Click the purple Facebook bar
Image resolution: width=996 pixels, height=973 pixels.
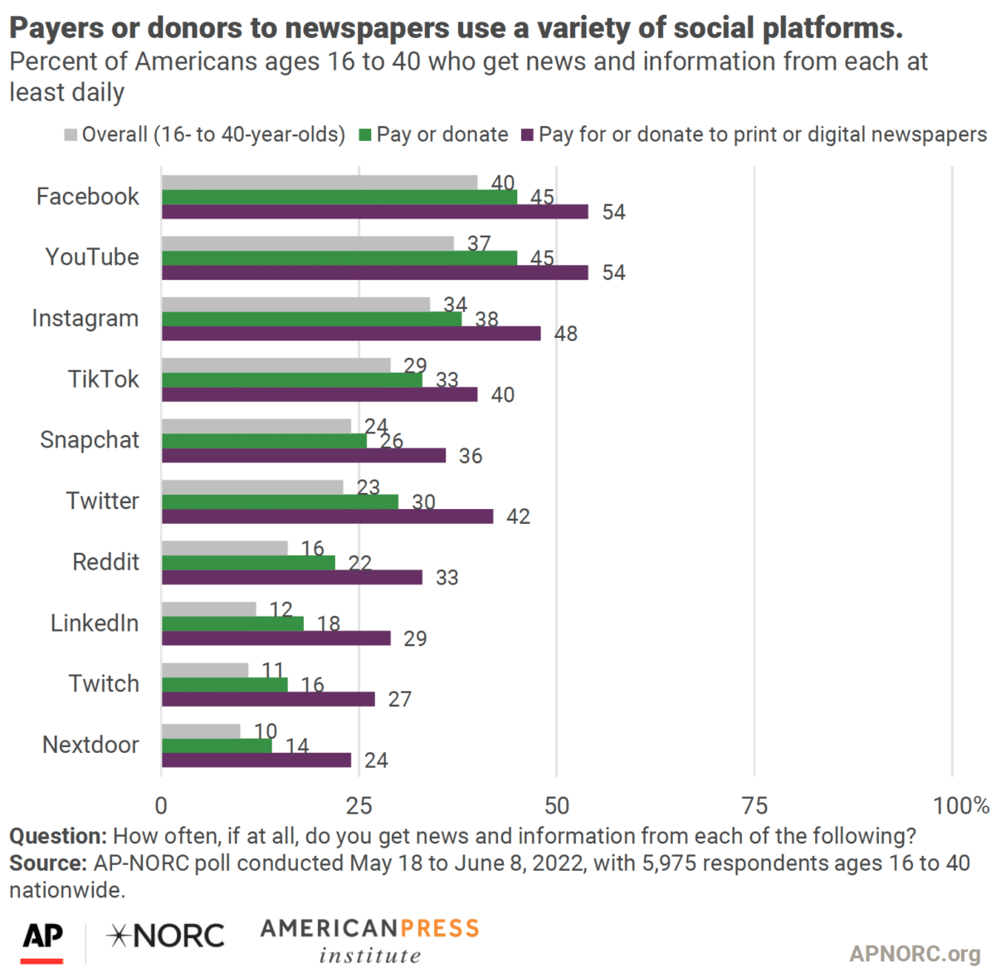click(x=374, y=212)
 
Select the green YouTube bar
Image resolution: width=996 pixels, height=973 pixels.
click(x=339, y=258)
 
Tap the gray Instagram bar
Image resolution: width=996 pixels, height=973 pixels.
click(x=295, y=304)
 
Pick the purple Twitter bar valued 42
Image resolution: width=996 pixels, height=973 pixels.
click(x=327, y=516)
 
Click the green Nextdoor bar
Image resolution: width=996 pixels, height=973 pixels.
click(x=217, y=746)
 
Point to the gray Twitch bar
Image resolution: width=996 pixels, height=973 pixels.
click(x=205, y=670)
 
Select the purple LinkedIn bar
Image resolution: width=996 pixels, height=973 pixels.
click(x=276, y=638)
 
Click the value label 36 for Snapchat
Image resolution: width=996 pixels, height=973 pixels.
click(x=470, y=456)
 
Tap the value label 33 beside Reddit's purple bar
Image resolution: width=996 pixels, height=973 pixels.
click(x=447, y=578)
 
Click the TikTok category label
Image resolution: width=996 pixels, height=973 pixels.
click(x=103, y=379)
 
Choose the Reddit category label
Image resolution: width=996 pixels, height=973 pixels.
click(x=105, y=562)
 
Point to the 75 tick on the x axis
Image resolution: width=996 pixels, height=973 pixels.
click(x=754, y=805)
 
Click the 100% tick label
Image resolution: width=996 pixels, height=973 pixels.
click(x=960, y=805)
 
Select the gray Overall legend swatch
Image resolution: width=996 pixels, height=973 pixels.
click(x=71, y=135)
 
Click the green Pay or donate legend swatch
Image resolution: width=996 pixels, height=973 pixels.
click(x=365, y=135)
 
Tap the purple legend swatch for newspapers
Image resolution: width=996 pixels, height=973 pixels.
click(x=527, y=135)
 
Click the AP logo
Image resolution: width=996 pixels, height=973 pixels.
click(x=42, y=939)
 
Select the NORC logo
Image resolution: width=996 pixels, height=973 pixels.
click(x=166, y=936)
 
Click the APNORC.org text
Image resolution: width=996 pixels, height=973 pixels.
click(x=914, y=953)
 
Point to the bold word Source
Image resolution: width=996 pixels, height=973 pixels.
click(x=47, y=863)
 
